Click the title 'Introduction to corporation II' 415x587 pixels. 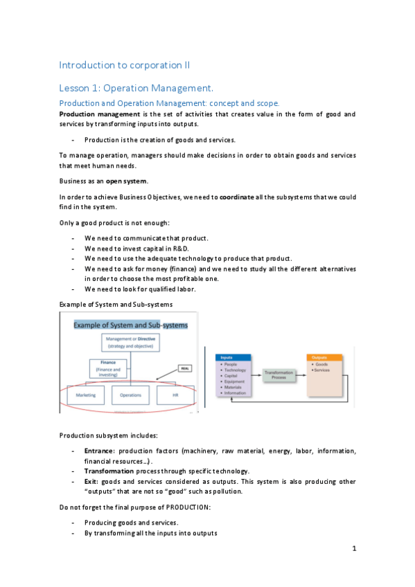point(125,65)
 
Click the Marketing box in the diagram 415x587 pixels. point(87,395)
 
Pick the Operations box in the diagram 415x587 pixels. point(130,395)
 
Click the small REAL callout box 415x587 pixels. point(185,368)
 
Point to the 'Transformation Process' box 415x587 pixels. point(279,374)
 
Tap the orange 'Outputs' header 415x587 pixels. point(324,357)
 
